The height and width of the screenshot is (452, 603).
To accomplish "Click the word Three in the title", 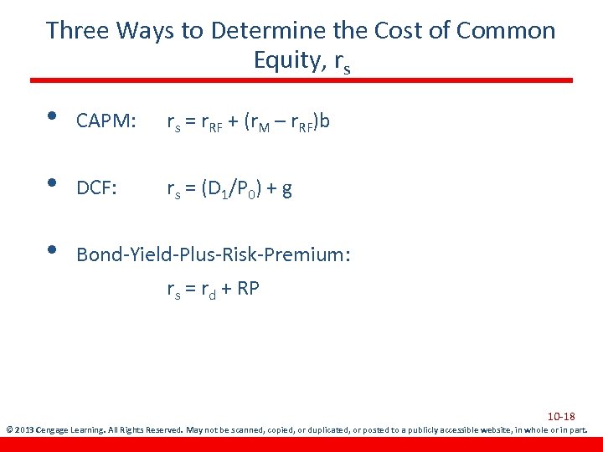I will click(x=78, y=31).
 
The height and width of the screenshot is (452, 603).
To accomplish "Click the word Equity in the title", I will click(x=285, y=60).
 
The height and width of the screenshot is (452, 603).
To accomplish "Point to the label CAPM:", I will click(x=106, y=123).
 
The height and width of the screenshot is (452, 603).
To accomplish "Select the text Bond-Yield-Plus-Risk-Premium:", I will click(x=213, y=254).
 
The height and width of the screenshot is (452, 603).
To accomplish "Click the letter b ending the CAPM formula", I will click(x=324, y=122).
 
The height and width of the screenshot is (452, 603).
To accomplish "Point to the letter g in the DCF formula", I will click(x=287, y=191).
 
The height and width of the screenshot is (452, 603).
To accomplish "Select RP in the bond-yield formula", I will click(x=249, y=289).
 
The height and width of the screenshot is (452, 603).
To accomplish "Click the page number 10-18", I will click(x=562, y=416).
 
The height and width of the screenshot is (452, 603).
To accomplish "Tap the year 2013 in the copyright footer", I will click(x=26, y=430).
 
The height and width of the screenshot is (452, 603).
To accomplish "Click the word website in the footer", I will click(x=478, y=430).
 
